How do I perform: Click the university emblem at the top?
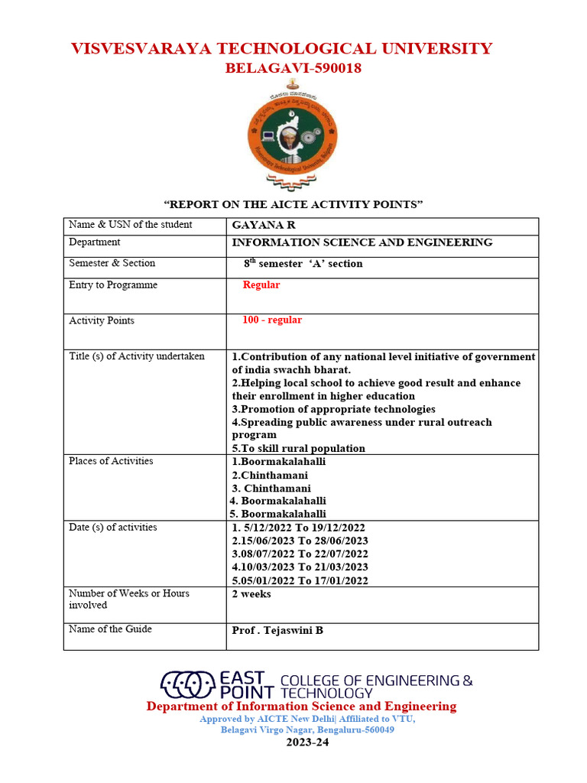[293, 137]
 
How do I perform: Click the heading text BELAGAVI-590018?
[293, 69]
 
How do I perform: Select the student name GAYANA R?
[264, 226]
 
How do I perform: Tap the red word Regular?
[261, 285]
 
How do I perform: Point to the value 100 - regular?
[272, 320]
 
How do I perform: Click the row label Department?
[94, 242]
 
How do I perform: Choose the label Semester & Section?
[112, 263]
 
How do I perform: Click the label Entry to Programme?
[113, 285]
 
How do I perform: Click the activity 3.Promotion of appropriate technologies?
[333, 409]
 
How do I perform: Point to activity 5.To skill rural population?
[298, 448]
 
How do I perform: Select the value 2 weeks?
[251, 594]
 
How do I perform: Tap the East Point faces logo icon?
[186, 682]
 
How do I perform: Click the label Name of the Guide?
[110, 629]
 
